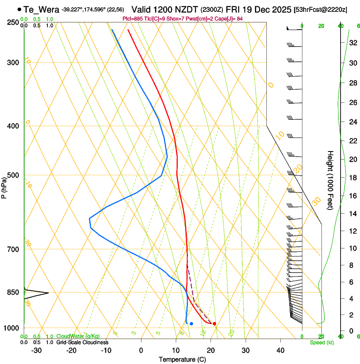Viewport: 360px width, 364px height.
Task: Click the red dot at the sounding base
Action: click(x=214, y=324)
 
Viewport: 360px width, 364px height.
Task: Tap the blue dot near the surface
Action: click(x=191, y=324)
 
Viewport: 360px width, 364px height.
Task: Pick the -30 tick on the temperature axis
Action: click(x=36, y=350)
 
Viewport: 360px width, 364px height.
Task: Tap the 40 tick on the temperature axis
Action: click(x=280, y=350)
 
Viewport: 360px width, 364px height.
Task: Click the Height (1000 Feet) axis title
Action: click(x=330, y=180)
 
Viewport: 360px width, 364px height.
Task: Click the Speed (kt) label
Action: click(x=321, y=342)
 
